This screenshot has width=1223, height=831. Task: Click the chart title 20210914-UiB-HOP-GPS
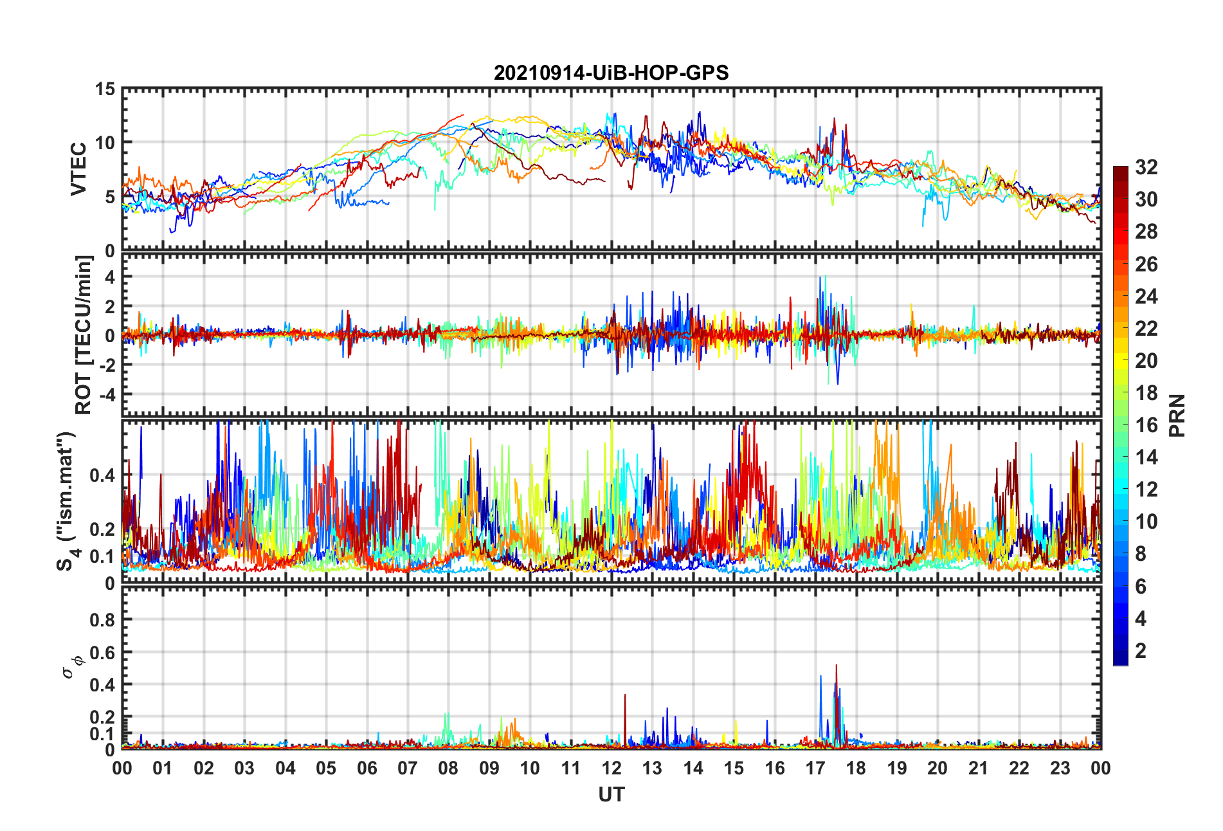[x=611, y=73]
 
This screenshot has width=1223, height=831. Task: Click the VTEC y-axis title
[x=78, y=169]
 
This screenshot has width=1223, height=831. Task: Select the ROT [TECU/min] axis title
[x=84, y=334]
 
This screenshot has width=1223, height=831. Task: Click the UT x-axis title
[x=611, y=795]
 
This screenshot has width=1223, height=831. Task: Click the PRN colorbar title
[x=1177, y=415]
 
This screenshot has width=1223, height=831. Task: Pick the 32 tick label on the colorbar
[x=1146, y=167]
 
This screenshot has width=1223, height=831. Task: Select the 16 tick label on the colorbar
[x=1146, y=425]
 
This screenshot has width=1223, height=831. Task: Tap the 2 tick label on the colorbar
[x=1141, y=651]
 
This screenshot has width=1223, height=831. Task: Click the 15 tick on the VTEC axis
[x=105, y=89]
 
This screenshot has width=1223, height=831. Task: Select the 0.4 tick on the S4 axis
[x=102, y=475]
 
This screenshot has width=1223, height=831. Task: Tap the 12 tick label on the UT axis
[x=611, y=768]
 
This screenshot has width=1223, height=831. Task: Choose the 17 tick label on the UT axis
[x=815, y=768]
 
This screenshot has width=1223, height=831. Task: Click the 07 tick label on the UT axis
[x=408, y=768]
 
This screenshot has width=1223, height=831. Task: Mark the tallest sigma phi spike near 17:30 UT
[x=836, y=666]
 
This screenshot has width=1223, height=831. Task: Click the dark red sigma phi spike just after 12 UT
[x=625, y=696]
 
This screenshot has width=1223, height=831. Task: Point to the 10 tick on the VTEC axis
[x=105, y=143]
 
